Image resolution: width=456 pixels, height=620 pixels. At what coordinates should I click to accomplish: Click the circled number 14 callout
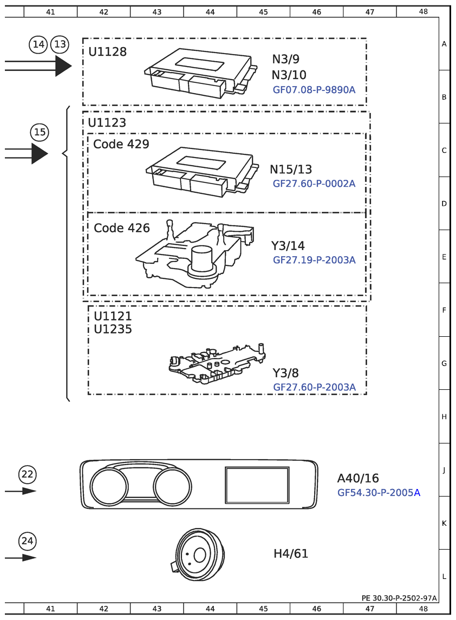pos(38,44)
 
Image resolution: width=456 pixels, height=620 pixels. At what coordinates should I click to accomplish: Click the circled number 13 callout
pos(60,44)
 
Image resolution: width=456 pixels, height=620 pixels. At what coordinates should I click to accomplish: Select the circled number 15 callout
pos(39,132)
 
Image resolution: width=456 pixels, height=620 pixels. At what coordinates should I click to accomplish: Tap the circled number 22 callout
pos(27,474)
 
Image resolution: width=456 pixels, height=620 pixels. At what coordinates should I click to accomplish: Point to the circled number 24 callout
pos(27,540)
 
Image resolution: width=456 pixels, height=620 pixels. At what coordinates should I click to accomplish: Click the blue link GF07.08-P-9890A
pos(314,89)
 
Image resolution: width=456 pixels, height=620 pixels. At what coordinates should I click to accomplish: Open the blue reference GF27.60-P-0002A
pos(314,184)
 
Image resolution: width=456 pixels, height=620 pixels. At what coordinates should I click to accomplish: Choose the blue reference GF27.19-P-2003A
pos(314,260)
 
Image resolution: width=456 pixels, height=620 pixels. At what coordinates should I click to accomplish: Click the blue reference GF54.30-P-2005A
pos(379,493)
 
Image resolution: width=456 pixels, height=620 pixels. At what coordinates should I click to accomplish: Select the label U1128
pos(107,52)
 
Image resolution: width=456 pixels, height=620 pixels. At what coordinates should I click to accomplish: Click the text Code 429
pos(121,144)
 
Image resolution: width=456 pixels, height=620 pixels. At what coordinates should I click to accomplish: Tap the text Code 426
pos(122,228)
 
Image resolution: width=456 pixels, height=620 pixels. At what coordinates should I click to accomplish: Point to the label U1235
pos(113,329)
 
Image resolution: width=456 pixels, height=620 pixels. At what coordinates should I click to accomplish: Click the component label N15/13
pos(291,169)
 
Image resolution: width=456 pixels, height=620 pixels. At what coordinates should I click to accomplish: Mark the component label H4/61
pos(291,553)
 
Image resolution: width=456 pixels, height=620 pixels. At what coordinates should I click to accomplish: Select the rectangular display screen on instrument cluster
pos(257,485)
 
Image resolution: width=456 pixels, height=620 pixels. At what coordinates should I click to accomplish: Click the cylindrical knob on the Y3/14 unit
pos(202,258)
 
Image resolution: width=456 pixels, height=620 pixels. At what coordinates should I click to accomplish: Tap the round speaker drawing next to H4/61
pos(199,554)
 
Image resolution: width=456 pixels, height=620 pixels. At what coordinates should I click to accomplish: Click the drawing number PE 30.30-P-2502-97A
pos(399,598)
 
